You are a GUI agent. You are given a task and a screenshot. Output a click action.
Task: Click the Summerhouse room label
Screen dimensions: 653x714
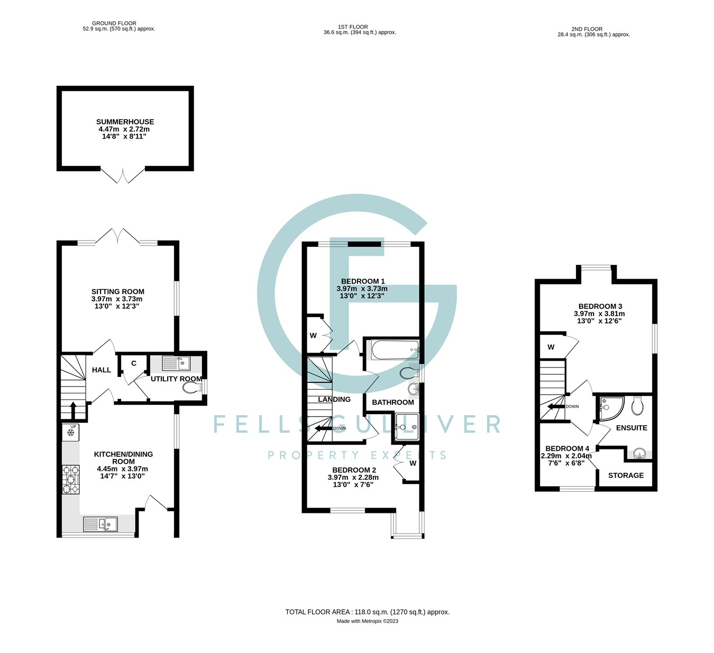pos(125,122)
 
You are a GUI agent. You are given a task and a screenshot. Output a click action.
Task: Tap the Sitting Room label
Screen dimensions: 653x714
pos(117,291)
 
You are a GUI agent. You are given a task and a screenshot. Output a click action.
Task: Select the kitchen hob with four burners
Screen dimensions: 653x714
pos(70,479)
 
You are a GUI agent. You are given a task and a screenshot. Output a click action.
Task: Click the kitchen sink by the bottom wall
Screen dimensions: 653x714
pos(100,523)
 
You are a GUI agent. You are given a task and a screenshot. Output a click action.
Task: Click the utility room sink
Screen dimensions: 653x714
pos(176,363)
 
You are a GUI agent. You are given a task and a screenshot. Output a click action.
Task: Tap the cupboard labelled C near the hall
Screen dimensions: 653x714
pos(134,363)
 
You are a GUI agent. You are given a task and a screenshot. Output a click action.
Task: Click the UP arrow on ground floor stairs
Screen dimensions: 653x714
pos(73,410)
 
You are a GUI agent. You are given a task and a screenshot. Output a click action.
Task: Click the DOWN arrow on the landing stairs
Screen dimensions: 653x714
pos(324,428)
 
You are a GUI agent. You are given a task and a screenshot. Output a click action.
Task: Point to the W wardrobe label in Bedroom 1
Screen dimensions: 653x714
pos(313,336)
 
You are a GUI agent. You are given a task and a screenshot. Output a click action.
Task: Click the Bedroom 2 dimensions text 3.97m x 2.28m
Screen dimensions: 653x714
pos(353,477)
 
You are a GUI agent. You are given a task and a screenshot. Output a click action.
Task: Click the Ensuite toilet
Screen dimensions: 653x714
pos(637,406)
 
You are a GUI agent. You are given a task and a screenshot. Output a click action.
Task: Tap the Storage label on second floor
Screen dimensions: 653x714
pos(626,475)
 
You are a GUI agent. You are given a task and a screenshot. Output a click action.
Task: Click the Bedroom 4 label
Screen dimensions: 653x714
pos(567,448)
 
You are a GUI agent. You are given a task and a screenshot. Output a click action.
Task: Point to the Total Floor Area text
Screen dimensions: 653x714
pos(367,612)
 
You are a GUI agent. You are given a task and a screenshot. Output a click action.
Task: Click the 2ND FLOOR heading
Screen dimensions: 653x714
pos(587,29)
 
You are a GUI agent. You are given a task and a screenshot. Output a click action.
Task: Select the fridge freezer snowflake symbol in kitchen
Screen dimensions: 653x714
pos(70,433)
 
